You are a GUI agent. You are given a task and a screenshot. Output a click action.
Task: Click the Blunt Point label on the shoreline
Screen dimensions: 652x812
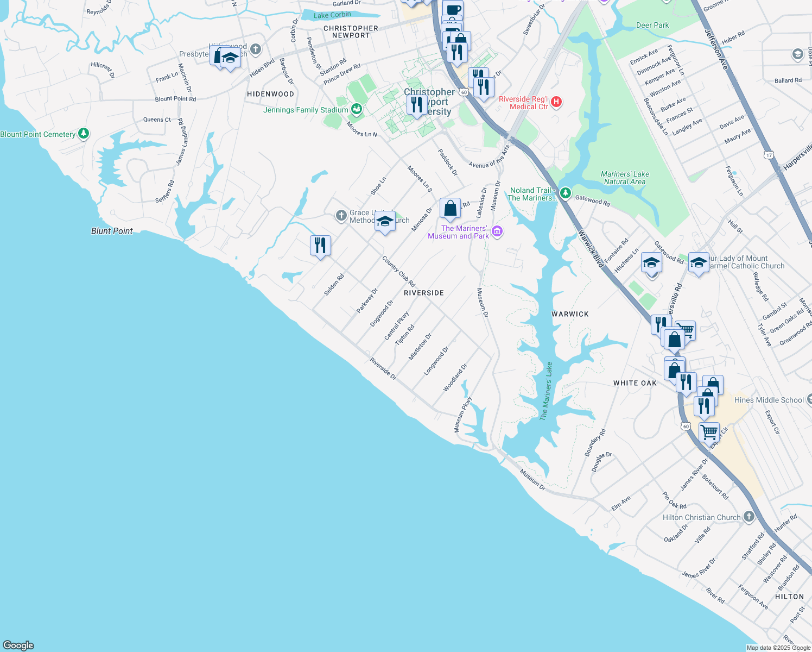tap(112, 231)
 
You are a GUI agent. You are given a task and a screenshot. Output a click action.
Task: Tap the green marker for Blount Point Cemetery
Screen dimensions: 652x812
tap(83, 133)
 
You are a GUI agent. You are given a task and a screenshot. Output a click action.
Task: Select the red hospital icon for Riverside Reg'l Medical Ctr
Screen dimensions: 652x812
tap(556, 102)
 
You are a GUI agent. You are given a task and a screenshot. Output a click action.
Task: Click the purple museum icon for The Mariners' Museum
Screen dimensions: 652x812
tap(497, 232)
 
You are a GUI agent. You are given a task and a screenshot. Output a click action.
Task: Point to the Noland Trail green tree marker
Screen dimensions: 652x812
tap(566, 193)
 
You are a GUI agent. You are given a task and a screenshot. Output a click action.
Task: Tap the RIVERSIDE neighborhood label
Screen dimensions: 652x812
tap(424, 293)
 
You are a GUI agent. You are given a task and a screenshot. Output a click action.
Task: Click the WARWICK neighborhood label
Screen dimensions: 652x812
tap(570, 314)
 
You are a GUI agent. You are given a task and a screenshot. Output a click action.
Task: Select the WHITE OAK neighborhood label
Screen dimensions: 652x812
tap(635, 383)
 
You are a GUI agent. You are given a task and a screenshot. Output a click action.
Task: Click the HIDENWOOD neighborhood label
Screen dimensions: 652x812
tap(270, 94)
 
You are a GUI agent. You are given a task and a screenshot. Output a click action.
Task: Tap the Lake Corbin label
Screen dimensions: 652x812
tap(332, 15)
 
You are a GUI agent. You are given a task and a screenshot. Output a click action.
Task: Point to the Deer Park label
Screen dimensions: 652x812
tap(652, 25)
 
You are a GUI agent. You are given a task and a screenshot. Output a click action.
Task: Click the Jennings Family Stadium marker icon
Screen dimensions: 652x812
tap(357, 110)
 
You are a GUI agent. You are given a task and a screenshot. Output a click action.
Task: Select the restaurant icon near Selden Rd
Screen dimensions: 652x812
tap(320, 246)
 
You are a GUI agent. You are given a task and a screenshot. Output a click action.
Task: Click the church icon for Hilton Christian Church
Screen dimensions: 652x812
tap(749, 517)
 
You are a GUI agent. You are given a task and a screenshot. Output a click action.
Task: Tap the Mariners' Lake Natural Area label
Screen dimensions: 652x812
tap(625, 178)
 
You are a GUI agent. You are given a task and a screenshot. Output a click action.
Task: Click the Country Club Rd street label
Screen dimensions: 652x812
tap(398, 272)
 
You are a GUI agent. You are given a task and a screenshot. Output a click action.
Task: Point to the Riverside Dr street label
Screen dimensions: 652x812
tap(383, 368)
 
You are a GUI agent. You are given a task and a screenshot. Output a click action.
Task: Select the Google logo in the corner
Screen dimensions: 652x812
tap(18, 645)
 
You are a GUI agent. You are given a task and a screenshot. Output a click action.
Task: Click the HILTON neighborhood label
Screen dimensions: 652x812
tap(789, 597)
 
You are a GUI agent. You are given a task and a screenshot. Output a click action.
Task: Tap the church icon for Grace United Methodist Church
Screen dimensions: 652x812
tap(341, 216)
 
